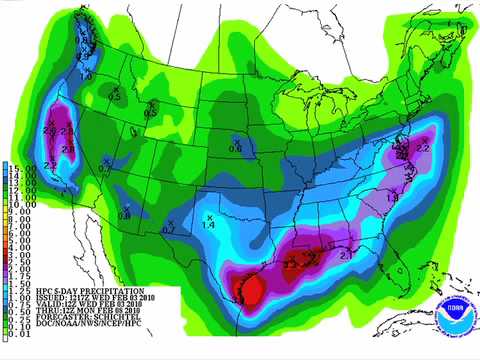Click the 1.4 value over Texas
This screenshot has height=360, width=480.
click(209, 226)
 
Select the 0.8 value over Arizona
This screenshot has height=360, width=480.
click(125, 215)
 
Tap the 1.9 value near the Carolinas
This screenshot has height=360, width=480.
click(393, 199)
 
